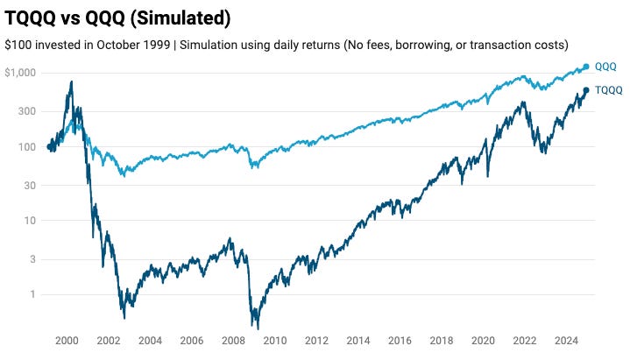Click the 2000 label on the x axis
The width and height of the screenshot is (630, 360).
tap(67, 341)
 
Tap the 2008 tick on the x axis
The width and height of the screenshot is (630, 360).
tap(233, 341)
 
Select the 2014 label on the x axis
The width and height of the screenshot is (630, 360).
tap(358, 341)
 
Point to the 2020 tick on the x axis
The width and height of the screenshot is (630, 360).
tap(483, 341)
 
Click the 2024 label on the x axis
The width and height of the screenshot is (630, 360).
tap(566, 341)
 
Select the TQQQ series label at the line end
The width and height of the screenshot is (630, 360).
tap(608, 90)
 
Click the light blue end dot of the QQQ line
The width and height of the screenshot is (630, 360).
tap(586, 67)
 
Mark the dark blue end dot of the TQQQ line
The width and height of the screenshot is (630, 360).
tap(586, 90)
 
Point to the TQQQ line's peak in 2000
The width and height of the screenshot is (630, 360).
tap(71, 82)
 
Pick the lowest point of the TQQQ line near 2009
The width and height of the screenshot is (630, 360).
tap(258, 328)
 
